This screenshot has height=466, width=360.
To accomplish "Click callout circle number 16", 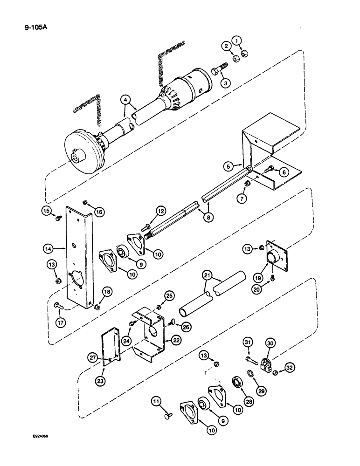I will (98, 212).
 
